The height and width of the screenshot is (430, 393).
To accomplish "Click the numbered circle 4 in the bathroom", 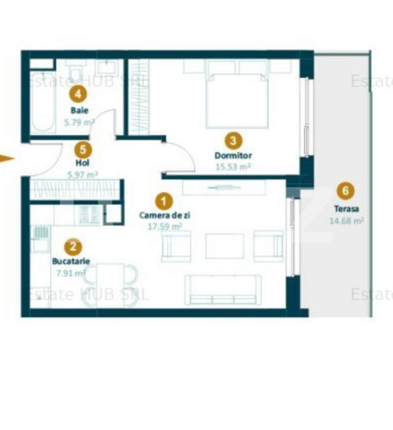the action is coord(78,94).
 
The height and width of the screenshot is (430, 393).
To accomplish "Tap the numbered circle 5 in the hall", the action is coord(83,150).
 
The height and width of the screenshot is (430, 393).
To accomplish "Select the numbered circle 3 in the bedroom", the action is coord(233,141).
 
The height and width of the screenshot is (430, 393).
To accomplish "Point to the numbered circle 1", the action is coord(164,201).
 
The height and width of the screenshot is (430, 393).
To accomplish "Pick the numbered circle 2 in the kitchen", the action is coord(73,247).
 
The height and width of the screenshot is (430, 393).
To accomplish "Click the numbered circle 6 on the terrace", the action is coord(346,191).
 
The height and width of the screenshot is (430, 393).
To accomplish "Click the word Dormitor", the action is coord(233,155).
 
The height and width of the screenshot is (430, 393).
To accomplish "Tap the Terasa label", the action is coord(346,209).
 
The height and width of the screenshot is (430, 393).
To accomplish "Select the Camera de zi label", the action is coord(165,215).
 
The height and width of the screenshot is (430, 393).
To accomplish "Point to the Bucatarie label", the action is coord(71,261).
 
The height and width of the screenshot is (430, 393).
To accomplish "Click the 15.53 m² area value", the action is coord(233,167).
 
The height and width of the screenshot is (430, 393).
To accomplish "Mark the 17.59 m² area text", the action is coord(165,226).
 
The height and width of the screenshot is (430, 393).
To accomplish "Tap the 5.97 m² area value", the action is coord(83,175).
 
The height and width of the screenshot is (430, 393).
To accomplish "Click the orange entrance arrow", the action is coord(7,159).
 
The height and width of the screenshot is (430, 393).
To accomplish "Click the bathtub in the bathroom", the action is coord(43,103).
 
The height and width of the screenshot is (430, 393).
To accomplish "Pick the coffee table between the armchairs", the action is coord(224,246).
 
